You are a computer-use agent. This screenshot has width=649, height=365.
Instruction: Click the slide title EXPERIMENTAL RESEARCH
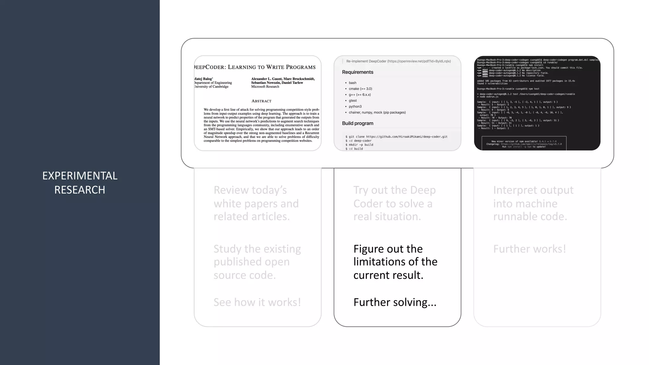tap(80, 182)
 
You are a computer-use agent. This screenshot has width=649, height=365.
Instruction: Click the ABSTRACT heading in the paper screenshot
tap(261, 101)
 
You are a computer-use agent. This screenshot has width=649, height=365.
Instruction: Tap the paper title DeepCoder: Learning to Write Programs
tap(255, 67)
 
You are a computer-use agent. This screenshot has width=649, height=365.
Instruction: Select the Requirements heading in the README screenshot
tap(357, 72)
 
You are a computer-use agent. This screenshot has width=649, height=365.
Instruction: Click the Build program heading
tap(357, 123)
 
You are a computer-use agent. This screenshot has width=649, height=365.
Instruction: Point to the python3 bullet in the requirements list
tap(355, 106)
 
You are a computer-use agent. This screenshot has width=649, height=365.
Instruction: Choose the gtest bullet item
tap(353, 100)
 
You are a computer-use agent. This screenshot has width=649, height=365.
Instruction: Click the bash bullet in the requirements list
tap(352, 83)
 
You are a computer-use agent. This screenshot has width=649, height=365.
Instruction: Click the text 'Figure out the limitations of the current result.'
tap(395, 262)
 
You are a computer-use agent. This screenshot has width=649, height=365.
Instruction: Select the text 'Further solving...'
tap(395, 302)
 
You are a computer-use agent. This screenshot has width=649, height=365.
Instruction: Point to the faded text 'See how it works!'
tap(257, 302)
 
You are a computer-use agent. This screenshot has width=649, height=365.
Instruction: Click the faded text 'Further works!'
tap(530, 249)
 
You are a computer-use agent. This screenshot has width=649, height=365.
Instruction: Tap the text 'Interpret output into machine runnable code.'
tap(533, 203)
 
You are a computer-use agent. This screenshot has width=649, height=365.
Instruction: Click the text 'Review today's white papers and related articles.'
tap(256, 203)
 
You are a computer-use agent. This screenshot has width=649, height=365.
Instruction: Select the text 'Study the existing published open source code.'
tap(257, 262)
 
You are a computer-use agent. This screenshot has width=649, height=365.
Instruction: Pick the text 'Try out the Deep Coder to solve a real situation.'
tap(395, 203)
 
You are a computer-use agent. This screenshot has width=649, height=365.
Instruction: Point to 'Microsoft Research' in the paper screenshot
tap(265, 86)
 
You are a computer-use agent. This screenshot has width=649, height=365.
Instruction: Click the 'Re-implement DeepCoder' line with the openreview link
tap(398, 61)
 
